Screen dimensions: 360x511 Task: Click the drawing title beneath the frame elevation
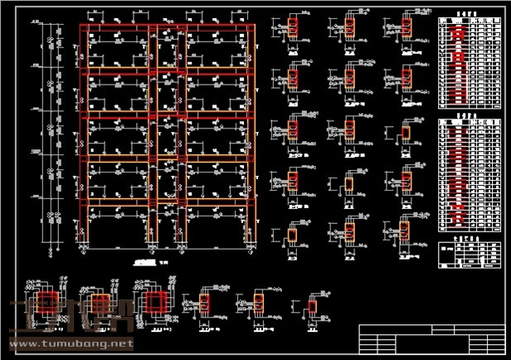click(x=145, y=260)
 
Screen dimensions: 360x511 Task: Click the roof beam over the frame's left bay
click(x=116, y=30)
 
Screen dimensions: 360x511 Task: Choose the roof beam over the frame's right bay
click(x=217, y=30)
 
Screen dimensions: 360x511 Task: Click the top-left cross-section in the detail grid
click(x=293, y=29)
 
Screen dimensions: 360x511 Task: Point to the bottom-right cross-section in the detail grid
click(x=405, y=230)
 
